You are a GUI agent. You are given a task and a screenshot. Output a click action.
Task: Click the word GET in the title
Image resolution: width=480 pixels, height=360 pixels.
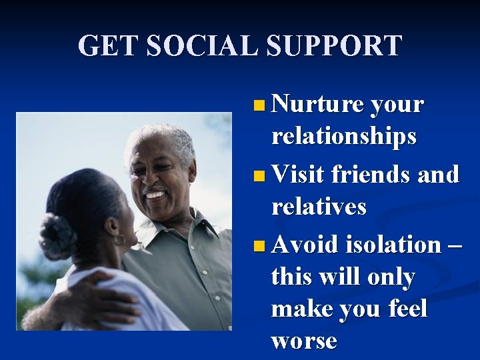click(107, 45)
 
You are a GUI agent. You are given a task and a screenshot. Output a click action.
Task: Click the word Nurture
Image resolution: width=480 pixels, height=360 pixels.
click(317, 105)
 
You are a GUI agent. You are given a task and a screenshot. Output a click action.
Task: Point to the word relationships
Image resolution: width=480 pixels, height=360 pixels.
click(343, 137)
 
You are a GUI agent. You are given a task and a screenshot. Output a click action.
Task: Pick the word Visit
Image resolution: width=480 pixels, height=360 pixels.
click(298, 175)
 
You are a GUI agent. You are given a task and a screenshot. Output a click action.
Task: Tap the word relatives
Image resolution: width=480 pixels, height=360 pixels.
click(318, 207)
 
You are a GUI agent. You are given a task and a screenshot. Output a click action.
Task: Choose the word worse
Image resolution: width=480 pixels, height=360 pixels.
click(303, 341)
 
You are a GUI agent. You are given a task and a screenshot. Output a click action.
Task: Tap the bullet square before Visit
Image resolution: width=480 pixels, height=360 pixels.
click(259, 176)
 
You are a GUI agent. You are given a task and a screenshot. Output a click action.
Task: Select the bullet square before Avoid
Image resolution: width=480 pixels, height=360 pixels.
click(259, 245)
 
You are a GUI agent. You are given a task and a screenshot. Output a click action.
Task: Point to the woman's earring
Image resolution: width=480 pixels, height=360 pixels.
click(119, 239)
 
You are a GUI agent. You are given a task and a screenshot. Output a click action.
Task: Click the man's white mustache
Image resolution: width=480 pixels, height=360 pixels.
click(155, 190)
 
